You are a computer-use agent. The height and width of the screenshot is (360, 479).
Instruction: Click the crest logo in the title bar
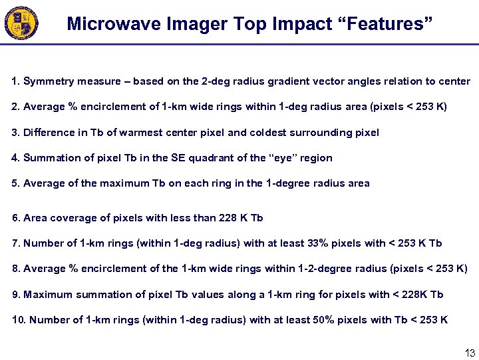pos(21,23)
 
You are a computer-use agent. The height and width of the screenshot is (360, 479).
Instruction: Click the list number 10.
pos(18,320)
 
